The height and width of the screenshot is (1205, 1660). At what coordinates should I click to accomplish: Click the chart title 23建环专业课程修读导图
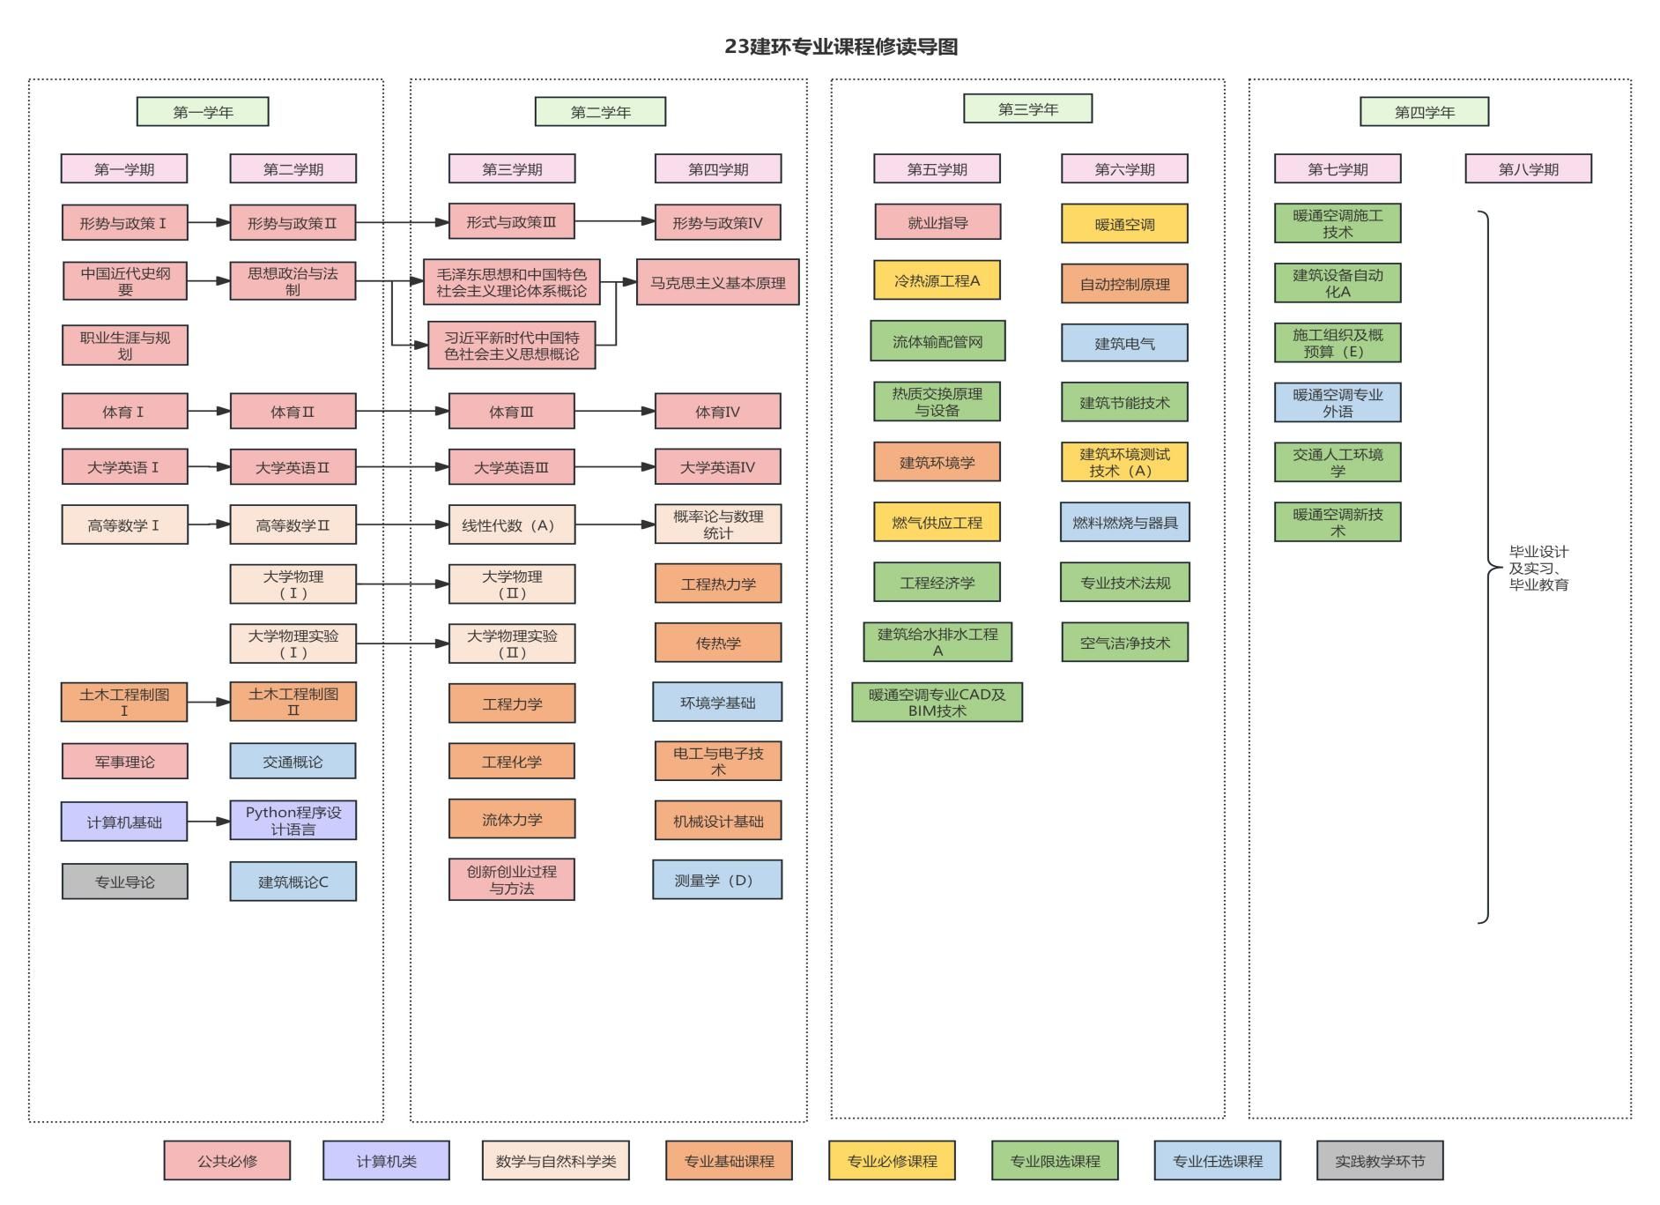(841, 47)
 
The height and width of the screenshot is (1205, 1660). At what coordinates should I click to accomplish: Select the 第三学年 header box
(1027, 109)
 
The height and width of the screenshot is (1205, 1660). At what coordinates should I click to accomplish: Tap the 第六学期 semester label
(1124, 169)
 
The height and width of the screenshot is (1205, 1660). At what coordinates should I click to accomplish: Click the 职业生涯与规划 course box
(124, 346)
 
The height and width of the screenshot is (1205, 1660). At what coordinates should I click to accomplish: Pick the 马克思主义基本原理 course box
(717, 283)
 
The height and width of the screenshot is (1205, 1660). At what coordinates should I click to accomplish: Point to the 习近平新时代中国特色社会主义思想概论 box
(511, 346)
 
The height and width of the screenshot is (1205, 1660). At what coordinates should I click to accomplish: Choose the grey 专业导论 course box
(124, 881)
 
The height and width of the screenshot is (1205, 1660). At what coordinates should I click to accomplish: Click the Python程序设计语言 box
(293, 821)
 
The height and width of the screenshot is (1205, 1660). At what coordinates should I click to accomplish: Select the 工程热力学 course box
(717, 584)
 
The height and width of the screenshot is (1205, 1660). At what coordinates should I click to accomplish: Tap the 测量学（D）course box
(717, 881)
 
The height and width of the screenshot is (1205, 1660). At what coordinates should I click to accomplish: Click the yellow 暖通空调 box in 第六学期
(1124, 224)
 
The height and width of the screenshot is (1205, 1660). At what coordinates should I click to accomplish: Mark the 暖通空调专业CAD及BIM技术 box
(937, 703)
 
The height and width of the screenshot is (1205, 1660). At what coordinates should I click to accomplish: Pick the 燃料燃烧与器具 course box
(1124, 523)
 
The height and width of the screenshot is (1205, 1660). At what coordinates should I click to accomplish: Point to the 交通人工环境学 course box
(1337, 463)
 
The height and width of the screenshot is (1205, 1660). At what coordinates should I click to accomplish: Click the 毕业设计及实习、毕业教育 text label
(1538, 568)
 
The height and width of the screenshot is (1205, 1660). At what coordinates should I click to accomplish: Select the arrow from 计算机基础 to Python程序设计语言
(209, 822)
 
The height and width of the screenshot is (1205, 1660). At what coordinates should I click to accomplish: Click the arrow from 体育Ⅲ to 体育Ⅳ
(614, 411)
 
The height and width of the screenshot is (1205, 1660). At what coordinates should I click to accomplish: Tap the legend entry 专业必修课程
(892, 1161)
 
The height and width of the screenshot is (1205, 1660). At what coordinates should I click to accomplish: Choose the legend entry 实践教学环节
(1379, 1161)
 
